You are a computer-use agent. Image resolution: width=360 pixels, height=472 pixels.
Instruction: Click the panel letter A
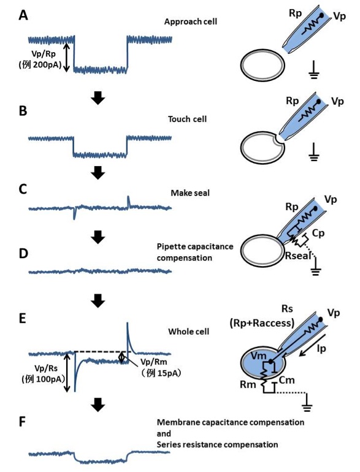click(x=23, y=15)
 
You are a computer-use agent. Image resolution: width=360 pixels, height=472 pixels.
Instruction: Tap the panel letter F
click(x=22, y=422)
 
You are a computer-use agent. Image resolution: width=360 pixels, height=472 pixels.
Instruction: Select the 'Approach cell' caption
click(x=190, y=21)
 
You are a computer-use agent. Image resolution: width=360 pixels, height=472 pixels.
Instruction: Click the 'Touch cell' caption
click(x=188, y=119)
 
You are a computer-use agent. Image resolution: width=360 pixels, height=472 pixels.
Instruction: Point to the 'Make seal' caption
click(x=190, y=193)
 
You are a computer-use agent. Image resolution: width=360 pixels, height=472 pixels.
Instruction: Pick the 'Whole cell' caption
click(x=188, y=332)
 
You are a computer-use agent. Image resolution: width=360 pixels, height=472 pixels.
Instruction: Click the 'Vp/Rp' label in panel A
click(x=44, y=54)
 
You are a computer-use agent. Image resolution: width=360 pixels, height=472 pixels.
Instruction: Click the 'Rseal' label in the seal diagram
click(x=298, y=256)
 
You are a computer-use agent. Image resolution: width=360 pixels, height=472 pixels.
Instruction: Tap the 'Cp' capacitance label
click(x=318, y=234)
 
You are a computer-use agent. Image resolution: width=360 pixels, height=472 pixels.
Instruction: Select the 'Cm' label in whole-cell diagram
click(x=286, y=380)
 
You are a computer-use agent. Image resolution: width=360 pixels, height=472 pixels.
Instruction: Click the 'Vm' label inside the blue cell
click(x=258, y=356)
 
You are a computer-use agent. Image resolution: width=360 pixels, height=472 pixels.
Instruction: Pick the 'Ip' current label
click(x=322, y=348)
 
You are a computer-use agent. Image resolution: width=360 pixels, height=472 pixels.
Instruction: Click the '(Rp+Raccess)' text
click(x=262, y=323)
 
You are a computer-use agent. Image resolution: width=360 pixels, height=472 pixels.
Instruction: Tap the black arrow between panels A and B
click(x=98, y=98)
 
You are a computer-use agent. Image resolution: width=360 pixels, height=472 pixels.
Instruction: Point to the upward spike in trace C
click(x=128, y=201)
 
